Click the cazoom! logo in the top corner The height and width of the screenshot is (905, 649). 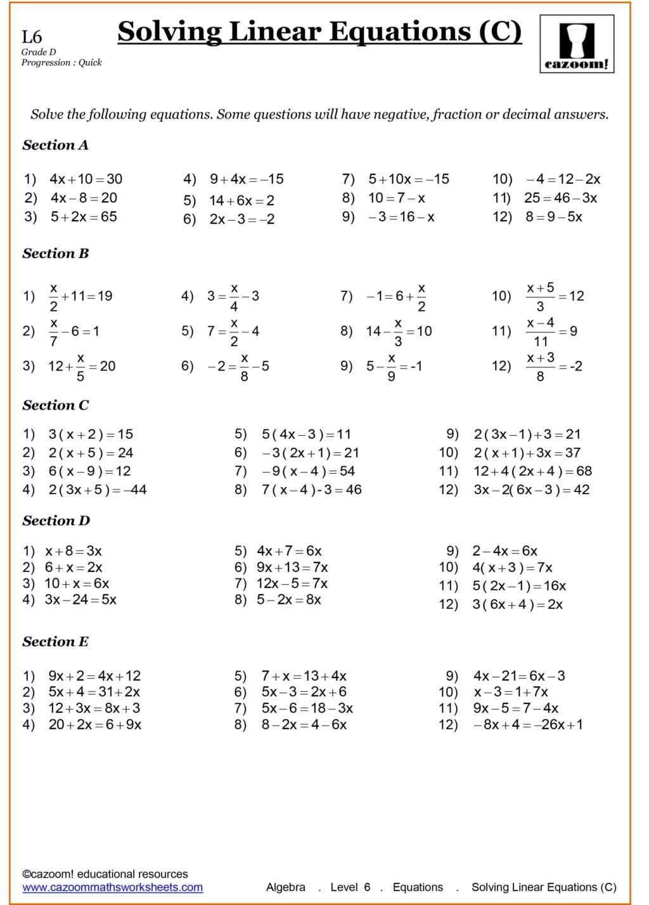point(577,44)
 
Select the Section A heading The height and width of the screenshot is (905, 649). point(56,145)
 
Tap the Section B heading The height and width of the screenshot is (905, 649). point(56,254)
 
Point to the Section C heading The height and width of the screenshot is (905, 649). point(56,405)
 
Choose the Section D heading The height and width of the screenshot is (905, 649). point(56,521)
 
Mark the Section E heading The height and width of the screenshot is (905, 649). point(56,642)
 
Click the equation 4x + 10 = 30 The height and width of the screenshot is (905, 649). point(86,179)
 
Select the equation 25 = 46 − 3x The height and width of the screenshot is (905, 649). point(560,198)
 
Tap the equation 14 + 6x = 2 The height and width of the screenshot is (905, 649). point(241,201)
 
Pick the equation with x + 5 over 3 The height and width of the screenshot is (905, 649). point(555,296)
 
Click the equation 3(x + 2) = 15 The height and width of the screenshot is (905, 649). point(91,434)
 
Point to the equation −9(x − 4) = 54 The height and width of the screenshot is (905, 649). point(308,471)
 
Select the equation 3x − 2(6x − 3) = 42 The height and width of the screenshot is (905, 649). point(531,490)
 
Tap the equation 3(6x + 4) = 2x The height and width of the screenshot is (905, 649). point(517,604)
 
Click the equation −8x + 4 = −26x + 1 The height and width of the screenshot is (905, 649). point(527,725)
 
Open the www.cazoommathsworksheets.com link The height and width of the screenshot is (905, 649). point(113,887)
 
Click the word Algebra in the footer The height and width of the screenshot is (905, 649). point(285,887)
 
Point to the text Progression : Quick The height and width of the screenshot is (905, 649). point(61,62)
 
